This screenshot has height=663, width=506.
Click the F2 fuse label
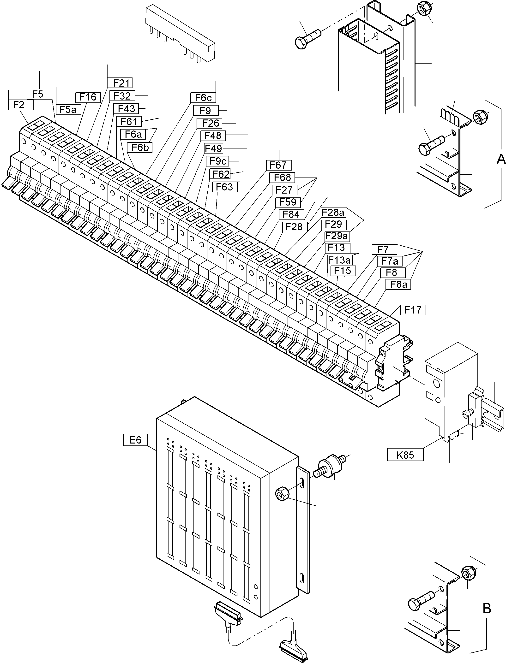click(19, 105)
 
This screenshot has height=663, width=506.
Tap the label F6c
click(203, 98)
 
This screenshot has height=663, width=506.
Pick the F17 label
click(413, 310)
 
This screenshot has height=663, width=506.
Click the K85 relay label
click(405, 455)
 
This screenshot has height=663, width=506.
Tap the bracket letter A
click(500, 159)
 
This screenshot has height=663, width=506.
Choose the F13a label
click(339, 260)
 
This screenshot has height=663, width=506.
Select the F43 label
click(126, 109)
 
